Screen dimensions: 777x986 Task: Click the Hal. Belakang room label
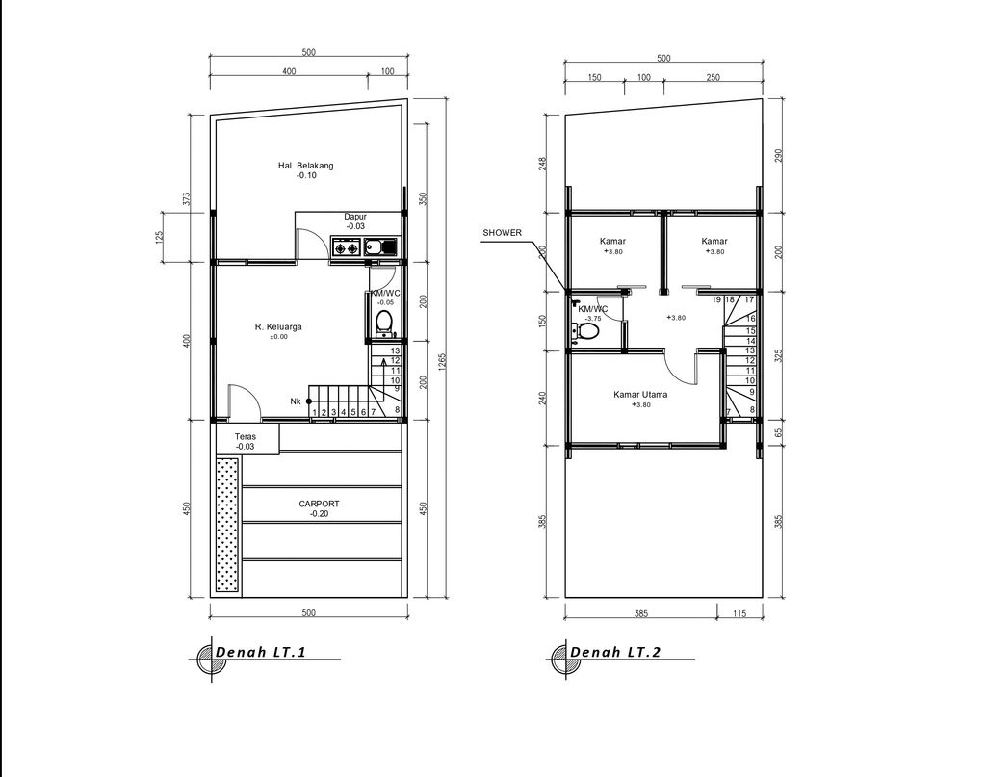pos(298,166)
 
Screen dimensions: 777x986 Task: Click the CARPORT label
pos(319,504)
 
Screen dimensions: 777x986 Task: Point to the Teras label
pos(245,436)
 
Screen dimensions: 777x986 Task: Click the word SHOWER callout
pos(502,232)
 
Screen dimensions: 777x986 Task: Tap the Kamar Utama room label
pos(641,394)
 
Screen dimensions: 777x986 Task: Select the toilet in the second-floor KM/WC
pos(586,332)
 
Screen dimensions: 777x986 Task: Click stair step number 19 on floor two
pos(717,300)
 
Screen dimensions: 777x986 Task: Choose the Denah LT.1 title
pos(261,653)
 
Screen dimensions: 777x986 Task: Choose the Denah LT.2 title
pos(615,653)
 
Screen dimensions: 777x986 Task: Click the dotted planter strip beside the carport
pos(226,524)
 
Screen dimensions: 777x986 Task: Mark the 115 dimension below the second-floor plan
pos(739,613)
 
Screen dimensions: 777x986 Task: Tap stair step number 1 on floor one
pos(315,412)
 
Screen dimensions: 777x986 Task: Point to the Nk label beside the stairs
pos(295,401)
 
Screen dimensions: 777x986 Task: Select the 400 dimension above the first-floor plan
pos(289,72)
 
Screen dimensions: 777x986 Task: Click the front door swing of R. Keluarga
pos(241,401)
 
